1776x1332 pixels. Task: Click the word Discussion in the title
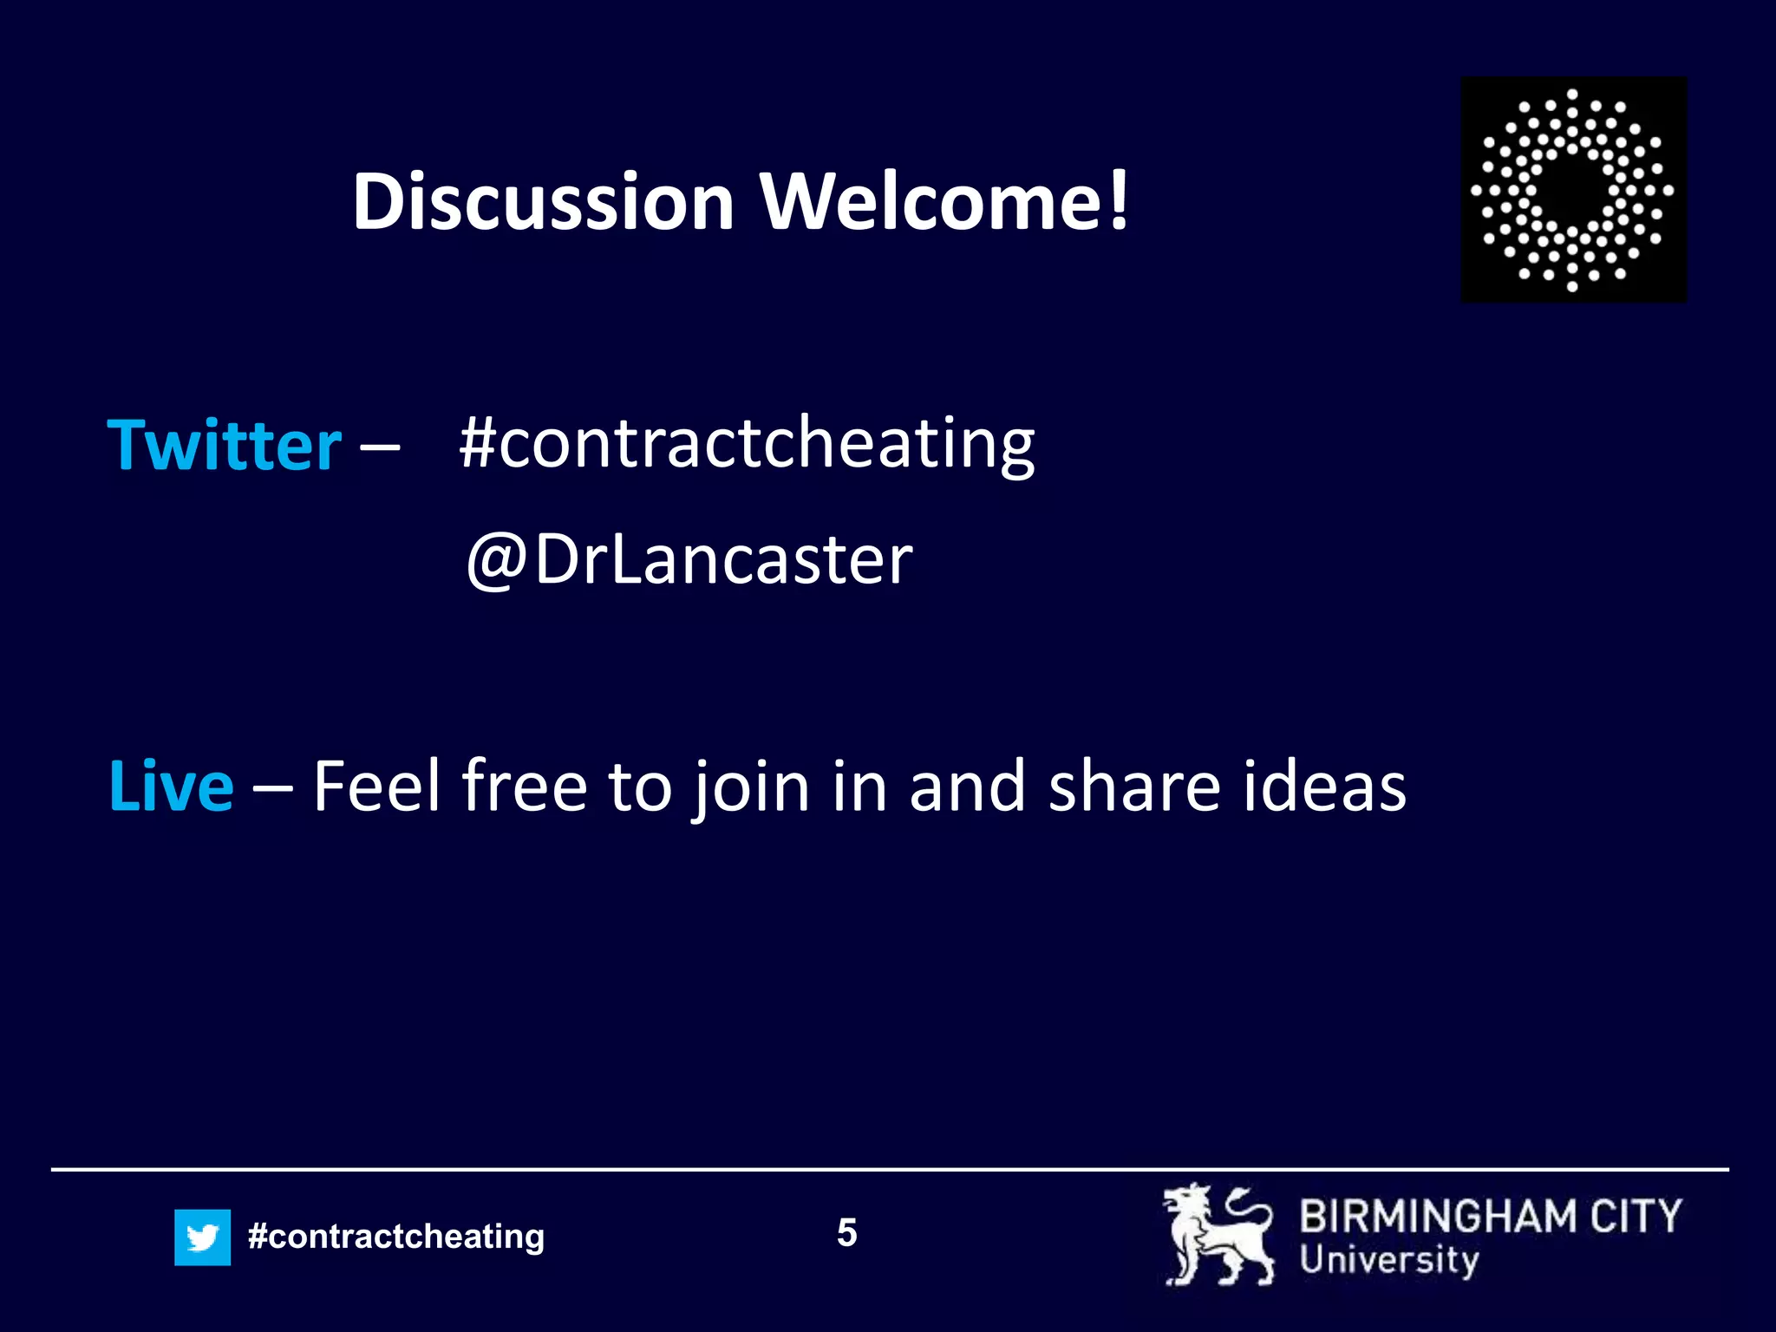(x=544, y=202)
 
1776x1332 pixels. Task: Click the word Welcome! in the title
(x=945, y=202)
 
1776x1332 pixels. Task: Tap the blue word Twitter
(x=225, y=446)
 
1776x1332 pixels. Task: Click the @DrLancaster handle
(x=689, y=559)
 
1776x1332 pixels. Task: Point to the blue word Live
(x=172, y=787)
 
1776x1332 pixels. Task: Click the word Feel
(x=376, y=787)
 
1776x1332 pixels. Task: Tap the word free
(x=525, y=787)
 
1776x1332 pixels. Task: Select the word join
(x=751, y=787)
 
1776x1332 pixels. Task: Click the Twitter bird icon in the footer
(x=202, y=1237)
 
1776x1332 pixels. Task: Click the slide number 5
(x=847, y=1232)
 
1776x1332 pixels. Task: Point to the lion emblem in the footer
(x=1218, y=1235)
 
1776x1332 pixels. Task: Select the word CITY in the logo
(x=1636, y=1216)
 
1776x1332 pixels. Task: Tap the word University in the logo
(x=1388, y=1260)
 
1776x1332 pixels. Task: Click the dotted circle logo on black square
(x=1573, y=189)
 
